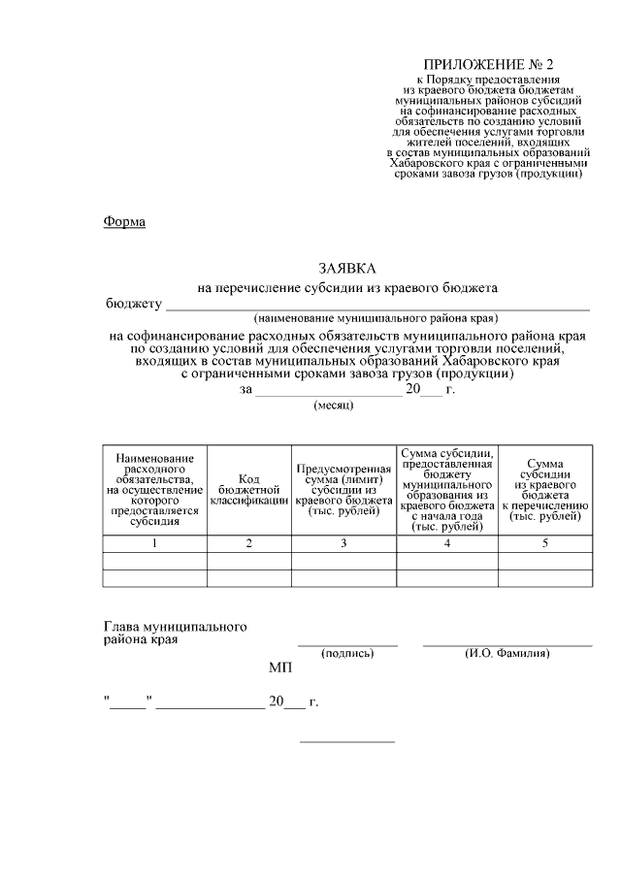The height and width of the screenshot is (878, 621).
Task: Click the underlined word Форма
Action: pos(124,222)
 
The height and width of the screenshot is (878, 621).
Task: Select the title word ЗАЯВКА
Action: pos(346,268)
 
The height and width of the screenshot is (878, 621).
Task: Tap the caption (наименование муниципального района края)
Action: pos(376,318)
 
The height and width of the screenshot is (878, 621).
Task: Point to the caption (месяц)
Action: pos(334,406)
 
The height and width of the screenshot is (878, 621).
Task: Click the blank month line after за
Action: pos(328,390)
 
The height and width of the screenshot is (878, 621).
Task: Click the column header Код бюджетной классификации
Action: pos(249,491)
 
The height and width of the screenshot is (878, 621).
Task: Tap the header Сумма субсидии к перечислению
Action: pos(544,491)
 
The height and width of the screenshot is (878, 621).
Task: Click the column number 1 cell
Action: pos(154,543)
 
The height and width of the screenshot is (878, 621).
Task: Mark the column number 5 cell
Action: pos(544,543)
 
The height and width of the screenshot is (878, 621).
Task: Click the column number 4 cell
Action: pos(446,543)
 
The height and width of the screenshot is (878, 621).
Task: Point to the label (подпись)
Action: pos(347,654)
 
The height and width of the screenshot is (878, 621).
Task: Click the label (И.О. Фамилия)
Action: pos(507,654)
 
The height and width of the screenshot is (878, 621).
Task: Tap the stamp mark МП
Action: pos(279,669)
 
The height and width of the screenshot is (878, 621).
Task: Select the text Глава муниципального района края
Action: pos(175,634)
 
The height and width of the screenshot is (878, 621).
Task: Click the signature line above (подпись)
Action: pos(347,644)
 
